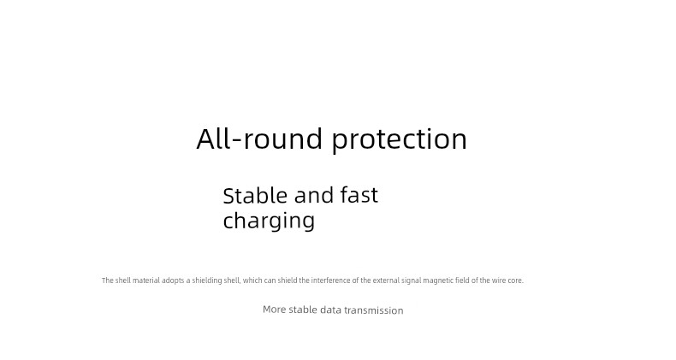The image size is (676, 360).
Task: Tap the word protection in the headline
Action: tap(400, 140)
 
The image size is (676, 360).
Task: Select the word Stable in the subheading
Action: tap(255, 195)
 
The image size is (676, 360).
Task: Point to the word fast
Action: tap(359, 195)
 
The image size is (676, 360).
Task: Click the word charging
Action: tap(269, 221)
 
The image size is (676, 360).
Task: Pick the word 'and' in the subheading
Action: tap(313, 195)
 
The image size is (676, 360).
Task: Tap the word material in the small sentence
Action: tap(145, 280)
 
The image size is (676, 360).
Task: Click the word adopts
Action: tap(173, 280)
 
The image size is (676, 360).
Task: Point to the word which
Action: tap(252, 280)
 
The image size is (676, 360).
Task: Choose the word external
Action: tap(386, 280)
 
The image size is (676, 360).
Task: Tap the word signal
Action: tap(412, 280)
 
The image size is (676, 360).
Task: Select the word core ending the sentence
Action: tap(516, 280)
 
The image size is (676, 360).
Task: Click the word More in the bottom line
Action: tap(274, 310)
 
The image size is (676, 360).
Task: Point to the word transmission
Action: tap(374, 310)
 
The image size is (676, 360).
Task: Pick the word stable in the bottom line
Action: tap(303, 310)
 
